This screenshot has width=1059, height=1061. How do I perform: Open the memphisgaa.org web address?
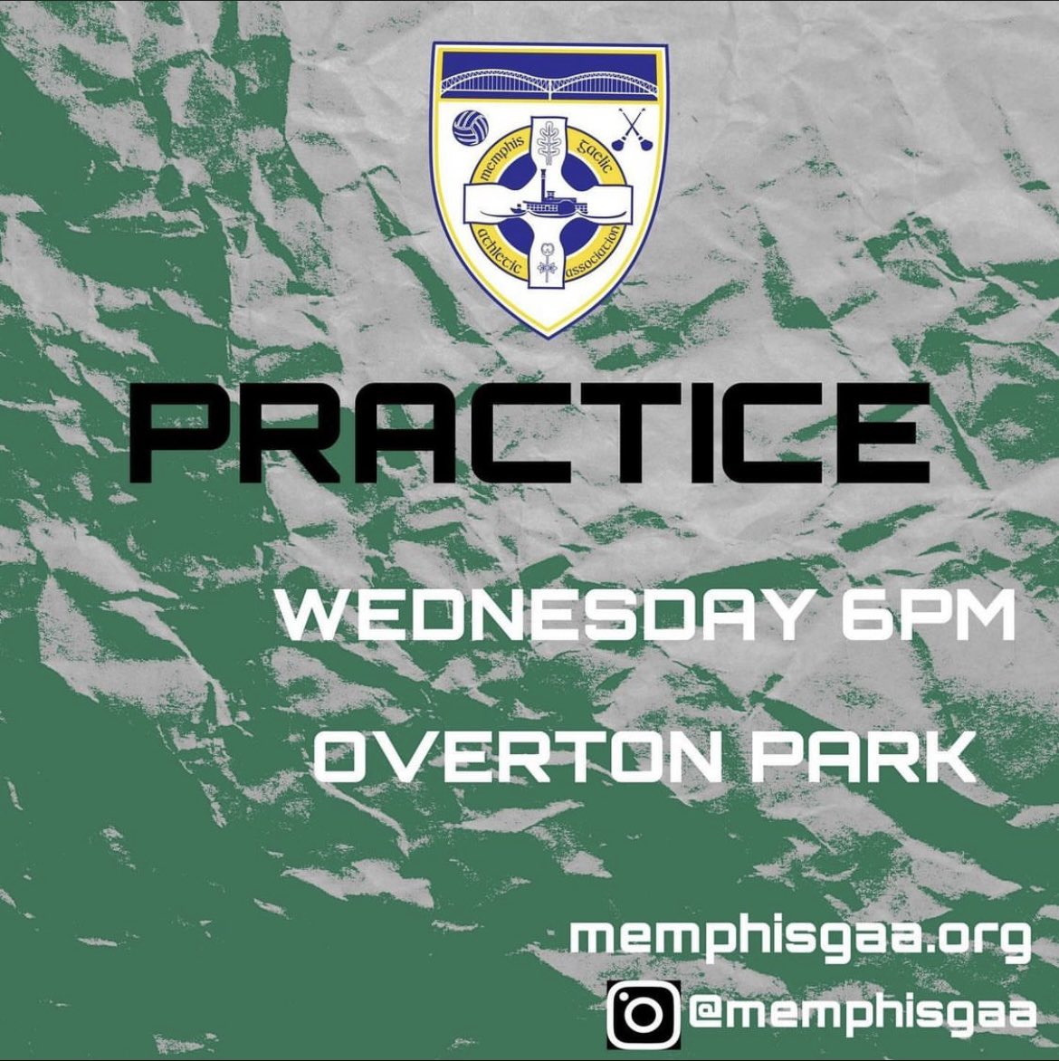pos(801,935)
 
